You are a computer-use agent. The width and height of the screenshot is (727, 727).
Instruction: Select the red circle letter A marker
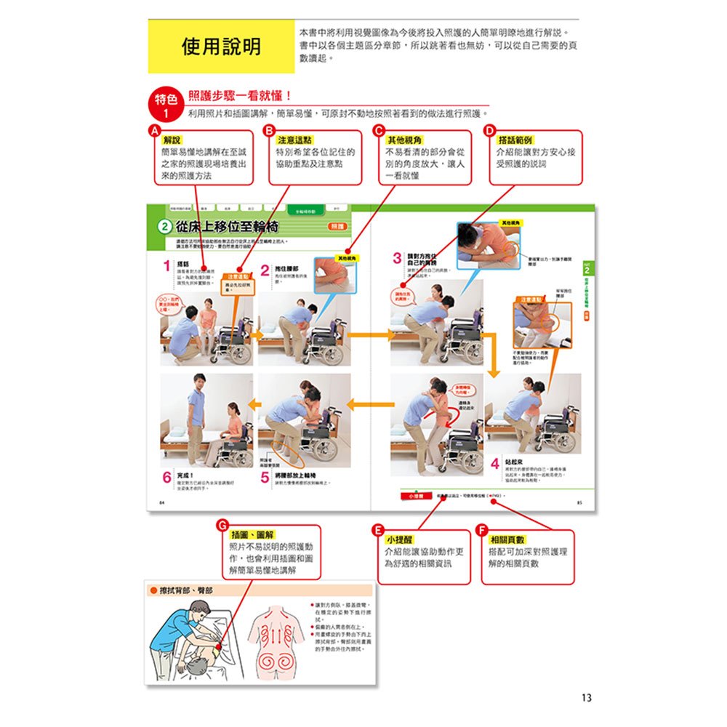pyautogui.click(x=153, y=131)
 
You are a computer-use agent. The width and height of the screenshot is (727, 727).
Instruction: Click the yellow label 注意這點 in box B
pyautogui.click(x=294, y=140)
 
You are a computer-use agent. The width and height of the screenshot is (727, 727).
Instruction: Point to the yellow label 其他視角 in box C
pyautogui.click(x=405, y=140)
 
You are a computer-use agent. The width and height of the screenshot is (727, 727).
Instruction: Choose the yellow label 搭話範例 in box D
pyautogui.click(x=515, y=140)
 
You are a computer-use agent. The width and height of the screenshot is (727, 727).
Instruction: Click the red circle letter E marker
pyautogui.click(x=376, y=530)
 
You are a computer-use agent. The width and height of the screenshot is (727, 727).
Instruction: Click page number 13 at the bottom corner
pyautogui.click(x=587, y=697)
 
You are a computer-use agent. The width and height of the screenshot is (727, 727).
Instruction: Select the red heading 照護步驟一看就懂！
pyautogui.click(x=240, y=96)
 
